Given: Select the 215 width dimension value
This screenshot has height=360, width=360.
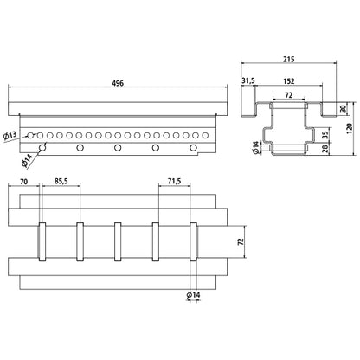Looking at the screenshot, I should (x=288, y=60).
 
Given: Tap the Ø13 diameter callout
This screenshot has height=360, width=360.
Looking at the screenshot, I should (x=10, y=136).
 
